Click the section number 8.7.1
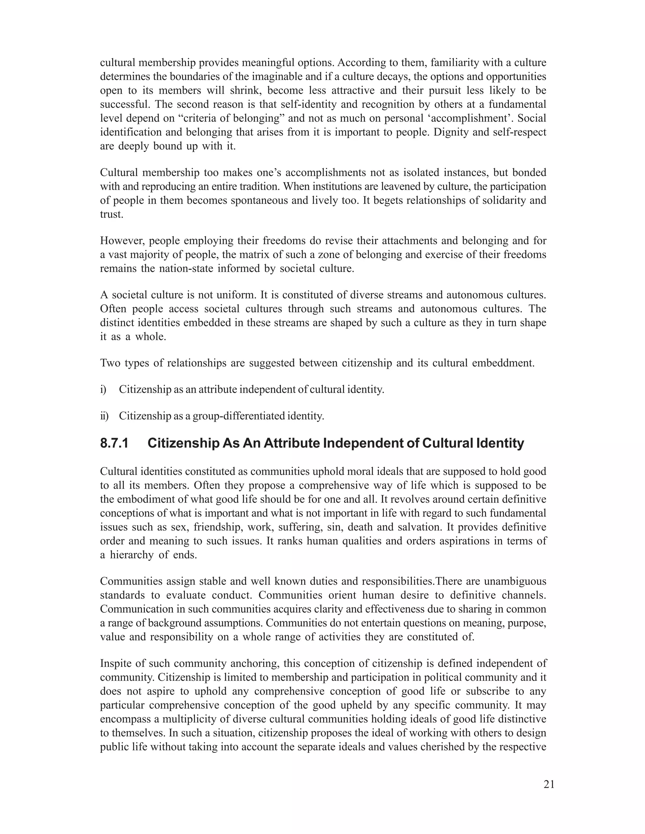[114, 443]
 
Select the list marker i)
[103, 390]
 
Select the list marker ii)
[104, 416]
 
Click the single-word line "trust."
[111, 214]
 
